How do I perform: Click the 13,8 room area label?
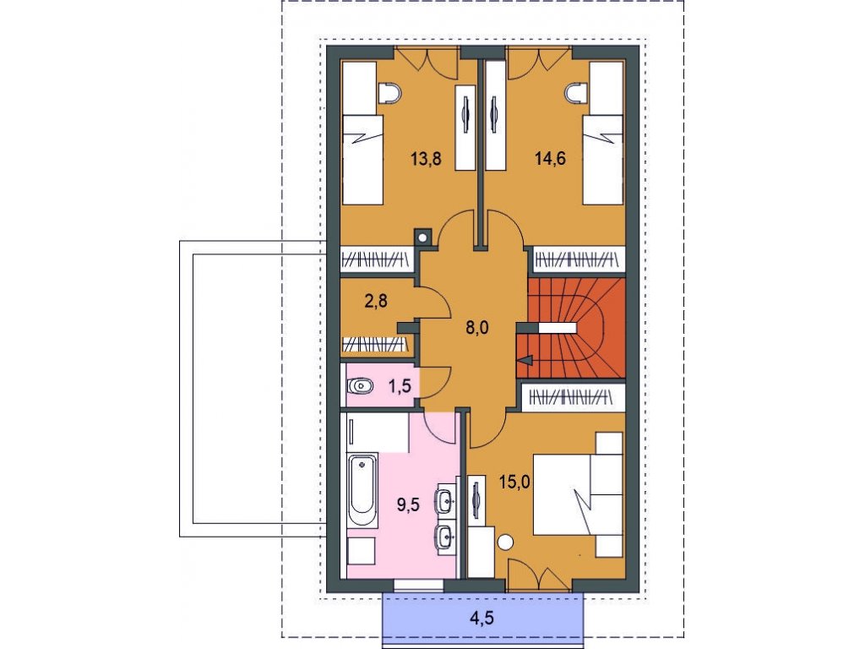[x=426, y=159]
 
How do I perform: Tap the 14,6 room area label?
[x=551, y=159]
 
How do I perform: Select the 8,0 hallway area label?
[x=477, y=328]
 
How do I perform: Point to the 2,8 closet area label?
[x=376, y=301]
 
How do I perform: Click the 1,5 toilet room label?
[x=400, y=385]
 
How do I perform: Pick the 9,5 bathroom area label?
[x=409, y=504]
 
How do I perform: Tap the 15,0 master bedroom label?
[x=514, y=483]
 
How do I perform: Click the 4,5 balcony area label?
[x=481, y=619]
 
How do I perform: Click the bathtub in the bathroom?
[x=363, y=491]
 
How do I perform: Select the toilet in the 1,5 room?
[x=360, y=385]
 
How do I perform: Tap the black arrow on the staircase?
[x=525, y=360]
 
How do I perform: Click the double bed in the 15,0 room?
[x=578, y=494]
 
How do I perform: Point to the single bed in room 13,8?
[x=362, y=160]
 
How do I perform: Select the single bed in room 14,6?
[x=603, y=160]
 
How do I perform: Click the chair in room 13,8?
[x=391, y=93]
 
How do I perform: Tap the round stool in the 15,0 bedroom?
[x=505, y=543]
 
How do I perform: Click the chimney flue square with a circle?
[x=422, y=237]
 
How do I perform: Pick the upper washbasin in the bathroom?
[x=445, y=500]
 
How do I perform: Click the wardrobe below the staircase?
[x=573, y=397]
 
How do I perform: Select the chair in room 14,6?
[x=575, y=93]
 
